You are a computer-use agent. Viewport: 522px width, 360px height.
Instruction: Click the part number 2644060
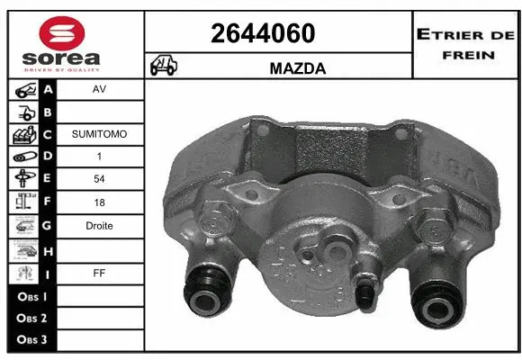263,33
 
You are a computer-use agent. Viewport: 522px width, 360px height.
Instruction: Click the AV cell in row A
99,90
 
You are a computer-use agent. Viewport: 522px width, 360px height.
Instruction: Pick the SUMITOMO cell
99,133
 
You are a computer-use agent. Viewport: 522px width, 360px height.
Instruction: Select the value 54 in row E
99,180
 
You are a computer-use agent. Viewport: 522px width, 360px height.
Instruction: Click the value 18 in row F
99,202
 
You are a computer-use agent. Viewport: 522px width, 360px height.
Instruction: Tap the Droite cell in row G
99,226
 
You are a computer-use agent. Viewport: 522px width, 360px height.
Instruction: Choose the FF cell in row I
99,271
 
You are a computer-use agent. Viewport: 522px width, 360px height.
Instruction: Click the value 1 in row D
99,157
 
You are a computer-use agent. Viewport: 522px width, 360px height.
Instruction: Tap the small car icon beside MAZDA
164,66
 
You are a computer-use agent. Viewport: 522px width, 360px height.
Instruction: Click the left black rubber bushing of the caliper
206,291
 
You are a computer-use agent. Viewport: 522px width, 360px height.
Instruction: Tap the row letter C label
49,134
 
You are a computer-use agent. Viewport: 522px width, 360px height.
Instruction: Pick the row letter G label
49,226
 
